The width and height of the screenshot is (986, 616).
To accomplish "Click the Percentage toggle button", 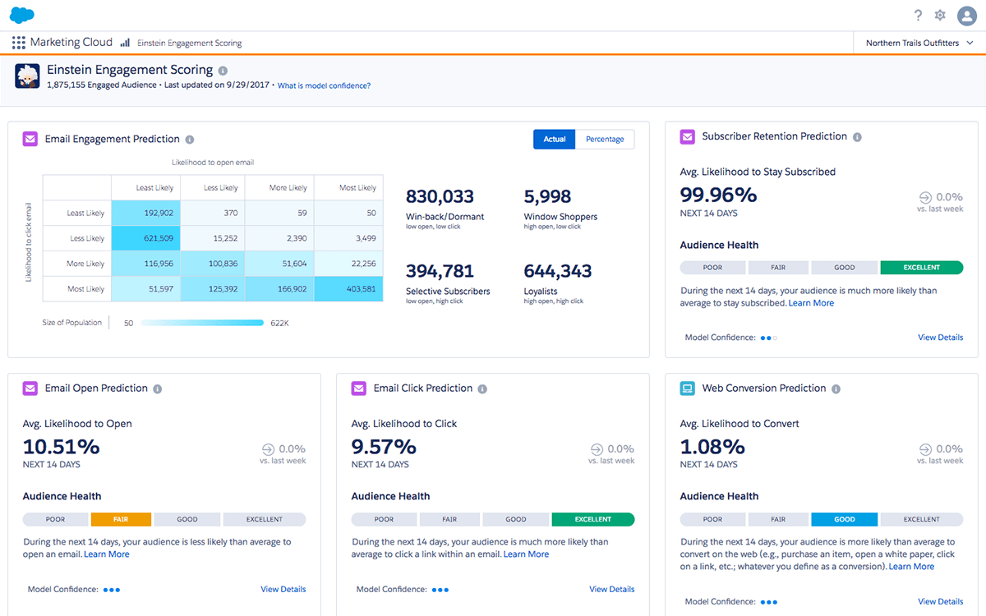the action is click(x=605, y=140).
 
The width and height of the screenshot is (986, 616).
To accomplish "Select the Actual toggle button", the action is click(x=555, y=140).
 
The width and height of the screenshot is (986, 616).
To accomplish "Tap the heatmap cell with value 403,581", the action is click(x=348, y=289).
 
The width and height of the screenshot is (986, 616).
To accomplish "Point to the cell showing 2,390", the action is click(x=279, y=238).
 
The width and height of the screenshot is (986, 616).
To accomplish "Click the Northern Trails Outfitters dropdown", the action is click(x=919, y=43).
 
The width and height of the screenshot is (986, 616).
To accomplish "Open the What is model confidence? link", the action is click(x=324, y=85).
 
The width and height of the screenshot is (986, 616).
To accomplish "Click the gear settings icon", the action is click(x=940, y=16).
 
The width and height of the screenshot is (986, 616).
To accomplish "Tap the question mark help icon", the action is click(x=918, y=16).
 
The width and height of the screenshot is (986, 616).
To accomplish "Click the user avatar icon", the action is click(x=966, y=16).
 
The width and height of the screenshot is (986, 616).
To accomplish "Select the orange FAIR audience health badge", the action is click(x=121, y=519).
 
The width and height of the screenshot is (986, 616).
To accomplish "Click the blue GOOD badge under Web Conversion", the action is click(x=844, y=519).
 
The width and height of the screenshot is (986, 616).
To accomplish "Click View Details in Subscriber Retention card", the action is click(x=940, y=338).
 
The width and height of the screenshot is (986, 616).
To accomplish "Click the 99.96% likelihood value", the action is click(x=718, y=195).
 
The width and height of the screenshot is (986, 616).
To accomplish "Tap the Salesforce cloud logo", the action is click(x=22, y=15).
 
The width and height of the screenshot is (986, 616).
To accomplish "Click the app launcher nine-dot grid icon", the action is click(x=19, y=43).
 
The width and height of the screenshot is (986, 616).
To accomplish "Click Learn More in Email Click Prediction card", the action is click(x=526, y=554).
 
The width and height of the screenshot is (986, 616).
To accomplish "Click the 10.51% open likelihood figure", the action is click(x=61, y=447).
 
